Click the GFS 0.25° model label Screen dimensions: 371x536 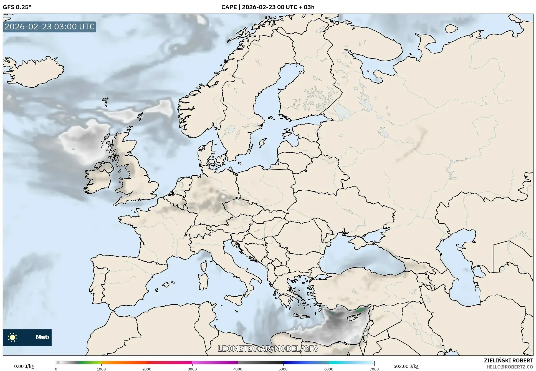(17, 7)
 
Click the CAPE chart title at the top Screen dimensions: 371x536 (268, 7)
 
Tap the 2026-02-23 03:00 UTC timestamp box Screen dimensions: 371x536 (50, 27)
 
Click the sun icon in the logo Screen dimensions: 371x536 (12, 337)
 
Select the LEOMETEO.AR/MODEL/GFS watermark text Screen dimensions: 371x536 (268, 349)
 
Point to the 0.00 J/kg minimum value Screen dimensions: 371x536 (24, 366)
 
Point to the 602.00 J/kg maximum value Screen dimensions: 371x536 (406, 366)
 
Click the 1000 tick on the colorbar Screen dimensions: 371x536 (101, 369)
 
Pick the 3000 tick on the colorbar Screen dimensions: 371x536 (192, 369)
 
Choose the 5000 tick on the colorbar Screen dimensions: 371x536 (283, 369)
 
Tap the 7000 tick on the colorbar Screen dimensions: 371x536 (374, 369)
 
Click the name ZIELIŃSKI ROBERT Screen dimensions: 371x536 (509, 360)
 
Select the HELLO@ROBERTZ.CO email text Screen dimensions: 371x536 (510, 367)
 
